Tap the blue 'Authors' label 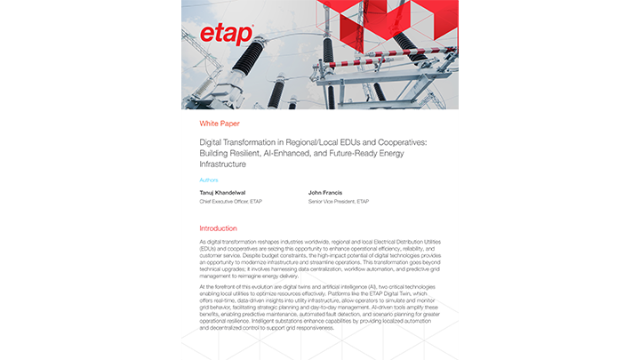(x=209, y=180)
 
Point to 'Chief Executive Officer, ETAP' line (x=231, y=202)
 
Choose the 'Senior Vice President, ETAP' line (x=339, y=202)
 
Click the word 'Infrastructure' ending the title (x=222, y=164)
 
